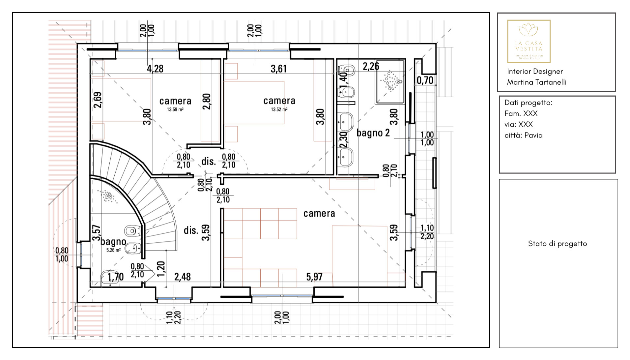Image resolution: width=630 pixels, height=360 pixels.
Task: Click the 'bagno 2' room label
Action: tap(373, 133)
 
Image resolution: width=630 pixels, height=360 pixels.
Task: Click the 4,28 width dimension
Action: tap(155, 69)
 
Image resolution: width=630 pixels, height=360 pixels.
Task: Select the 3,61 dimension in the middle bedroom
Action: tap(278, 69)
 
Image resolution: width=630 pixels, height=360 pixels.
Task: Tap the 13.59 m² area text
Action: tap(175, 109)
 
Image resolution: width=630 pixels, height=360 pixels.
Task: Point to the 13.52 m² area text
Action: tap(279, 109)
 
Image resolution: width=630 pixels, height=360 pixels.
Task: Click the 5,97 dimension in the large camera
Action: tap(314, 277)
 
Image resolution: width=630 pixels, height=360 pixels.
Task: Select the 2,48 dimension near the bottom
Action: tap(182, 277)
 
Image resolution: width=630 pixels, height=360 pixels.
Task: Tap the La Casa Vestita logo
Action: tap(529, 41)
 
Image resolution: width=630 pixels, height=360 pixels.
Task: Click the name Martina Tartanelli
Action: tap(536, 82)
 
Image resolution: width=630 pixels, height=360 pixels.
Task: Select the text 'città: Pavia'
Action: tap(523, 135)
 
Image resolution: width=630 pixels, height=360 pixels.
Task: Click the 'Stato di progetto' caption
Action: tap(557, 244)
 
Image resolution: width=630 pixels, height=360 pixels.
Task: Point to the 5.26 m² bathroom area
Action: tap(113, 250)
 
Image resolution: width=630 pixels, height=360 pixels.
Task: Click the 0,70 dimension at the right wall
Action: tap(425, 80)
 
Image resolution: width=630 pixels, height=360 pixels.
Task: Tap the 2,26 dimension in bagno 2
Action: tap(371, 67)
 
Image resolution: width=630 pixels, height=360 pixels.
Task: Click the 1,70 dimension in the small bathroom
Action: tap(116, 277)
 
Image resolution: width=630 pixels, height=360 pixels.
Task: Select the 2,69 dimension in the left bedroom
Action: tap(98, 100)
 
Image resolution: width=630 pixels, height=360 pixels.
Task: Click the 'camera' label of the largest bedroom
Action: tap(319, 214)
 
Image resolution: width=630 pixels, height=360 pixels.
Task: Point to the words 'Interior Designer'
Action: tap(534, 72)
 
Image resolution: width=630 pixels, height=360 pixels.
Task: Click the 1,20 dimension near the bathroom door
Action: tap(161, 269)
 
